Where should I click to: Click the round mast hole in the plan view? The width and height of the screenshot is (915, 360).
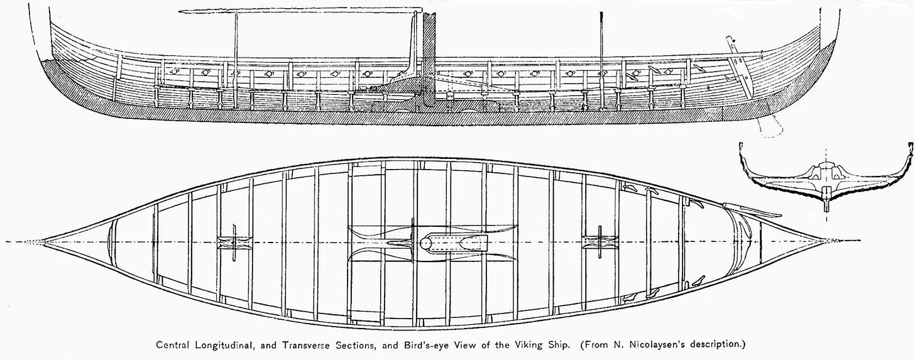point(425,243)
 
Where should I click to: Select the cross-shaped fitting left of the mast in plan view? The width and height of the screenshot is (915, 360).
point(233,243)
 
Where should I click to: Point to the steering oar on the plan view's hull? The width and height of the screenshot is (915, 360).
point(751,210)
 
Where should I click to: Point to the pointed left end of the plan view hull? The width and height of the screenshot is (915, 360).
point(45,242)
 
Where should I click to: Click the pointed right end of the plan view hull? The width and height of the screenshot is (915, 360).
point(823,242)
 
